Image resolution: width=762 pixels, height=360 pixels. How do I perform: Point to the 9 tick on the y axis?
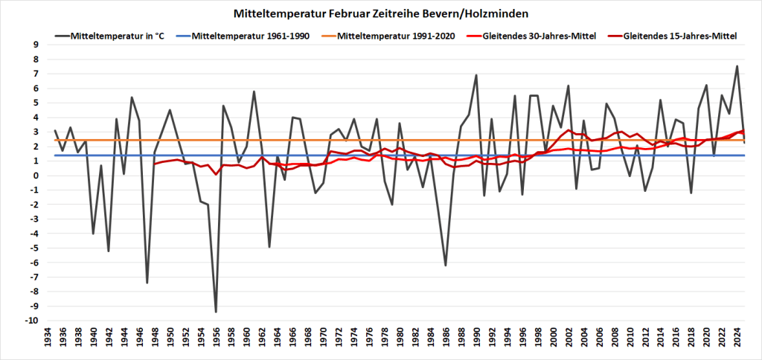pos(35,45)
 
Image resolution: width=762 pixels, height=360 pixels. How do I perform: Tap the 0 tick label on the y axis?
pos(35,176)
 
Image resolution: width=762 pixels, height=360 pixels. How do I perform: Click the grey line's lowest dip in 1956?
pos(216,312)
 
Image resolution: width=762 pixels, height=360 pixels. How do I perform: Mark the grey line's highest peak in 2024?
pos(737,66)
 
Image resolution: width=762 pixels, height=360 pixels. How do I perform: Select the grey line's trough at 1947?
pos(147,283)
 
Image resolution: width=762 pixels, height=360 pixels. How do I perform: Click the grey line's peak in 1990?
pos(476,75)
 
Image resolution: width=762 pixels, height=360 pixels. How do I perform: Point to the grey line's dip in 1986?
pos(446,266)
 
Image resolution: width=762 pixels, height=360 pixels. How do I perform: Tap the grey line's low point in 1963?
pos(269,247)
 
